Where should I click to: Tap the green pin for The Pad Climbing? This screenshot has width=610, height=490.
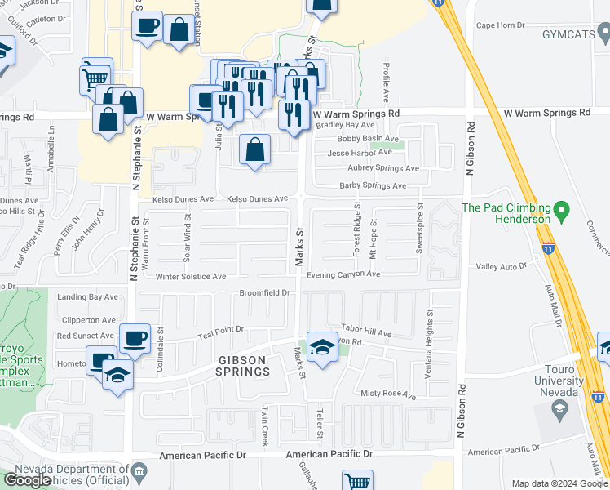560,214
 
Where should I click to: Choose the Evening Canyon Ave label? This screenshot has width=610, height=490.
344,274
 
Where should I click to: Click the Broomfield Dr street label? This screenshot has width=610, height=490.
264,292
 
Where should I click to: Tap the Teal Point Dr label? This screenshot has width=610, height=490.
223,329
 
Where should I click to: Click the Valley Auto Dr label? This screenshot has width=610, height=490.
502,266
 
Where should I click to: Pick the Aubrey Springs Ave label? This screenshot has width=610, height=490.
372,168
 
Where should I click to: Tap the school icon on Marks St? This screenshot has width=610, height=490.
322,348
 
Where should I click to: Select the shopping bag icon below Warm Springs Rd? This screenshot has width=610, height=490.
255,149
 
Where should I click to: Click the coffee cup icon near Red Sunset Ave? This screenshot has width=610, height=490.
135,338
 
